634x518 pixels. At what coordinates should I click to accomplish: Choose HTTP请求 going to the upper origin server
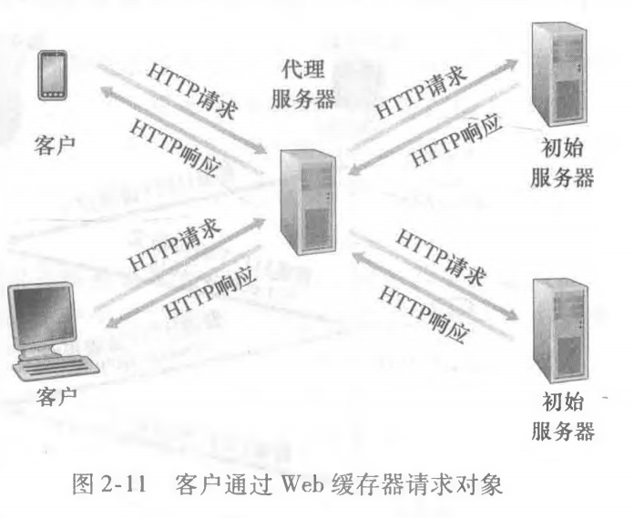click(423, 91)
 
